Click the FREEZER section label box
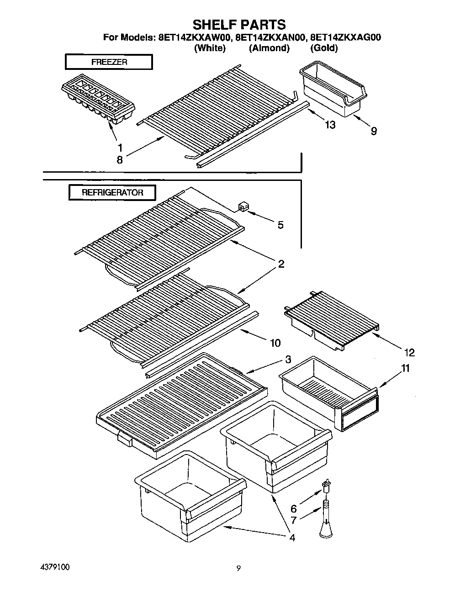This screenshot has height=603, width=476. (109, 62)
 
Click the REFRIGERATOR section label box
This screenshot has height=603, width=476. (112, 192)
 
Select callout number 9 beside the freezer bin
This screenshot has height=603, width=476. (374, 132)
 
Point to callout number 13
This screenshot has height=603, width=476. (329, 125)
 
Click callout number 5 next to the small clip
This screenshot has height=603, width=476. (280, 225)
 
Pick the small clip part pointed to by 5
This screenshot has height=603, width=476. (242, 207)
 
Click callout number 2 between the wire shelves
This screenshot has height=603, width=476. (281, 264)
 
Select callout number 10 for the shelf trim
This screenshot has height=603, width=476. (275, 343)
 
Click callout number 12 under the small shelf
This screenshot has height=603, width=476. (409, 352)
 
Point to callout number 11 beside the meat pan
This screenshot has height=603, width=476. (405, 369)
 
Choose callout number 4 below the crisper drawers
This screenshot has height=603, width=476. (292, 537)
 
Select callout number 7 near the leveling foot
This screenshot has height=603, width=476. (293, 520)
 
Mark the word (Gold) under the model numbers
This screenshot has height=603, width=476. (324, 48)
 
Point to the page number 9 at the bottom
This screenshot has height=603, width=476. (238, 569)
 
